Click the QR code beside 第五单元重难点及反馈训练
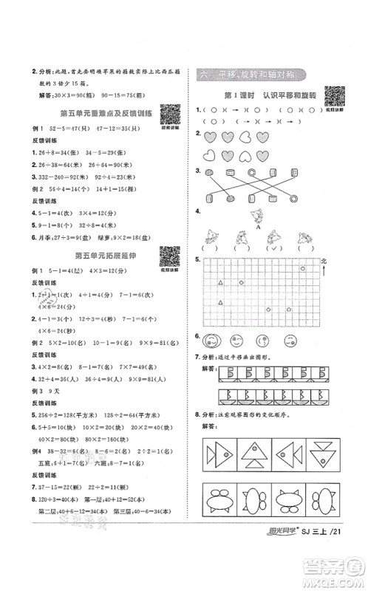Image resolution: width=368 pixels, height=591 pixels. [170, 115]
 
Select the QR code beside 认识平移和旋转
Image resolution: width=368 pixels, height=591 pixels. [335, 97]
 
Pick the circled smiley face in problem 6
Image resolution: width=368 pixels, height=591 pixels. [210, 341]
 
